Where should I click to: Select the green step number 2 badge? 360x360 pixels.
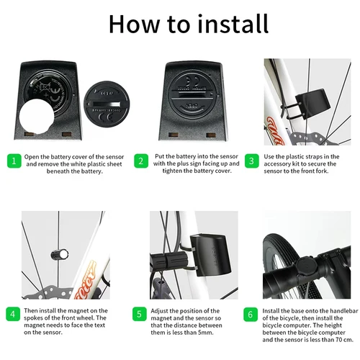click(x=142, y=160)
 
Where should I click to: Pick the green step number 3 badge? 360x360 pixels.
click(x=251, y=160)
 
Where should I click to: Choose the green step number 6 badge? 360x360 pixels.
click(x=251, y=314)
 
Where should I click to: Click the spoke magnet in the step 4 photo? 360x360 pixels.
click(x=59, y=253)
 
